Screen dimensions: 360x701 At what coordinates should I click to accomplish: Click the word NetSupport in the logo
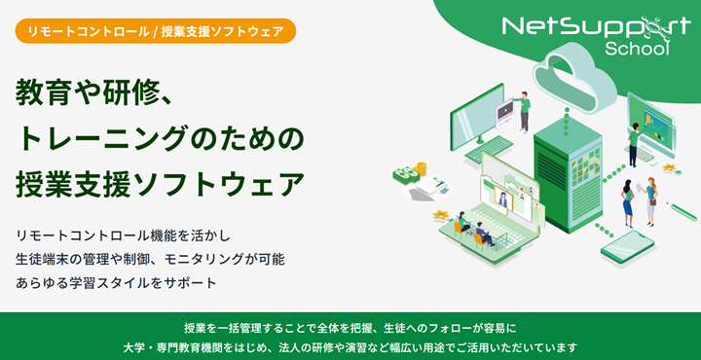[584, 26]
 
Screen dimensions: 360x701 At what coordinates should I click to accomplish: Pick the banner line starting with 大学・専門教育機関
[350, 346]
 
